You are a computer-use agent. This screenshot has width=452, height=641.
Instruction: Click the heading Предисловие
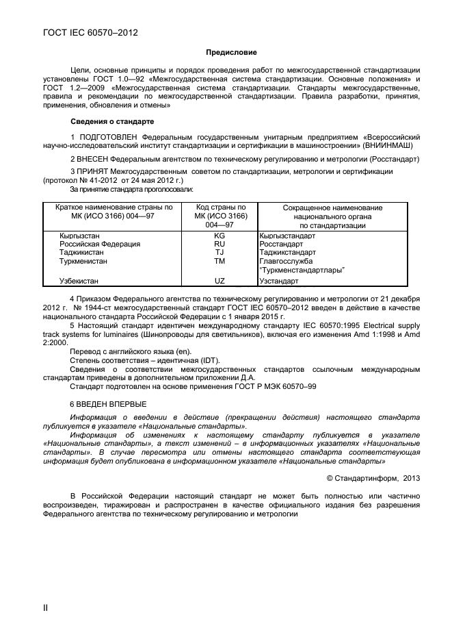click(231, 53)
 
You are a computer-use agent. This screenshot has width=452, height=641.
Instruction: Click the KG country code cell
click(220, 236)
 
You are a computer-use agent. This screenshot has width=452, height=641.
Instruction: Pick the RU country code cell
click(220, 244)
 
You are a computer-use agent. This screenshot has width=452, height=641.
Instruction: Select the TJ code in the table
click(220, 252)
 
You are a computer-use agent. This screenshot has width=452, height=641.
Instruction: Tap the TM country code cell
click(220, 261)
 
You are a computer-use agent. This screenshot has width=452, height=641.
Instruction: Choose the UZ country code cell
click(220, 281)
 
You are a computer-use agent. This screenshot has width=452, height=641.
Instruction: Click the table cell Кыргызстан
click(79, 236)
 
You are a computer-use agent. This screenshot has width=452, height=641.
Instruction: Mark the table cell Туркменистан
click(83, 261)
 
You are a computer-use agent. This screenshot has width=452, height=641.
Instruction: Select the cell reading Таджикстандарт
click(288, 252)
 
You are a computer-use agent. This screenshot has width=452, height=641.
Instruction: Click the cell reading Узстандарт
click(279, 281)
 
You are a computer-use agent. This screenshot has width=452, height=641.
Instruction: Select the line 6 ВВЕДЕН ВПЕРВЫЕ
click(108, 403)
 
